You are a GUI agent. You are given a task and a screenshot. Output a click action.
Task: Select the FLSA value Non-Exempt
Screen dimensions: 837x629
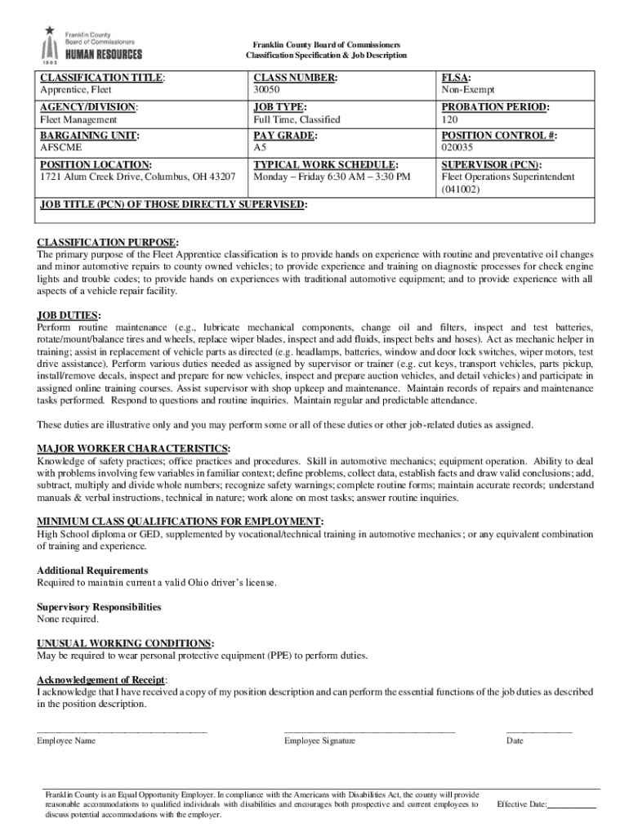coord(468,90)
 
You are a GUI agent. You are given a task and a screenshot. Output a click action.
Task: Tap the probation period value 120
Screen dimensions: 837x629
coord(449,120)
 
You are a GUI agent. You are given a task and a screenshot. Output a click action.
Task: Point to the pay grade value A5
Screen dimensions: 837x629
coord(260,149)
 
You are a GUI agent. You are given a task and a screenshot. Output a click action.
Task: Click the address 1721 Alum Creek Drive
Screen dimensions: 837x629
coord(138,177)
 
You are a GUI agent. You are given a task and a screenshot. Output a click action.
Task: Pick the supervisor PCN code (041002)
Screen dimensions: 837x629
coord(462,190)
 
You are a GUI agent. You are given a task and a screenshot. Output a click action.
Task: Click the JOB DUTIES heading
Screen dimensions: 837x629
coord(69,315)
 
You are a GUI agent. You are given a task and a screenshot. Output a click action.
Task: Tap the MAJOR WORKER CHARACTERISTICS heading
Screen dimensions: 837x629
coord(133,449)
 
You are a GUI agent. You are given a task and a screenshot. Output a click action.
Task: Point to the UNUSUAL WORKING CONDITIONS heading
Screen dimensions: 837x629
coord(126,643)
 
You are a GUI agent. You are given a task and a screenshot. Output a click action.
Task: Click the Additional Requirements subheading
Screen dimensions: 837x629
coord(92,571)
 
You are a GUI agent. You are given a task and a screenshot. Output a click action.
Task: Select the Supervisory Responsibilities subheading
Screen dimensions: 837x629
coord(99,607)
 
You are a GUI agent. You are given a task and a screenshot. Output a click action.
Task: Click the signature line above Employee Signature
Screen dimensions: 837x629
coord(369,732)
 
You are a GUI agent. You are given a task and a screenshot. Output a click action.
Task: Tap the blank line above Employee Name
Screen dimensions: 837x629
coord(122,732)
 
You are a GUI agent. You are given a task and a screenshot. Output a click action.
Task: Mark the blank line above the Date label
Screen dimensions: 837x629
coord(539,732)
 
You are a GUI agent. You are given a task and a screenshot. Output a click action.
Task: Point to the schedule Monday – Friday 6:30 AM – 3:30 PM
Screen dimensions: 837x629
coord(332,177)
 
